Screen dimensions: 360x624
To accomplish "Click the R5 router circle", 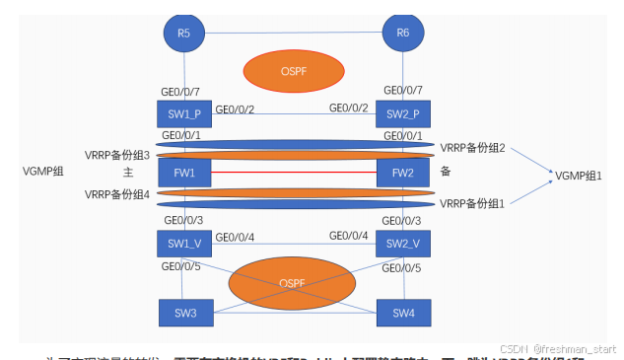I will click(184, 33).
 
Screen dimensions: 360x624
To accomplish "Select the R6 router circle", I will click(402, 33).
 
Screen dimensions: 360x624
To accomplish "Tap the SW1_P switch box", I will click(184, 112).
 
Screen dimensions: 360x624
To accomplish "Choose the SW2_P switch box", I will click(402, 112).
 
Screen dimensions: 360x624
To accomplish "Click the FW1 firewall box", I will click(184, 172).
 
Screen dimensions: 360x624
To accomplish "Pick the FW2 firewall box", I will click(402, 172).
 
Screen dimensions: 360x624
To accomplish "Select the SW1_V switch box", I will click(184, 242).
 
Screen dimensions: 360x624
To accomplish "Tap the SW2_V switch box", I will click(402, 242).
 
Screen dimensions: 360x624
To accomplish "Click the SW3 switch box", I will click(184, 313).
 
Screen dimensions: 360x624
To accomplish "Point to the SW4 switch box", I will click(402, 313).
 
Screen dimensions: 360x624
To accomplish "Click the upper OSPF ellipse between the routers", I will click(295, 70).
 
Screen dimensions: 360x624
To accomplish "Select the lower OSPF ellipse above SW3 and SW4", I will click(292, 284).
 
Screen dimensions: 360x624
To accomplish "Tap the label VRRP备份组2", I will click(473, 147).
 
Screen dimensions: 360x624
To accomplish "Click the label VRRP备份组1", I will click(473, 203).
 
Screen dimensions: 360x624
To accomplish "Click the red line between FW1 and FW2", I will click(294, 172).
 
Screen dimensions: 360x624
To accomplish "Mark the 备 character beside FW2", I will click(447, 171).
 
